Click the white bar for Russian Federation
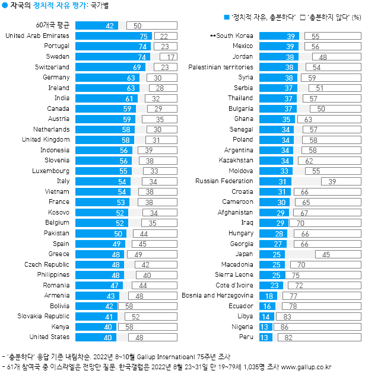[x=332, y=181]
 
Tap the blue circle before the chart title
[x=5, y=5]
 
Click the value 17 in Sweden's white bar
[x=171, y=57]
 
